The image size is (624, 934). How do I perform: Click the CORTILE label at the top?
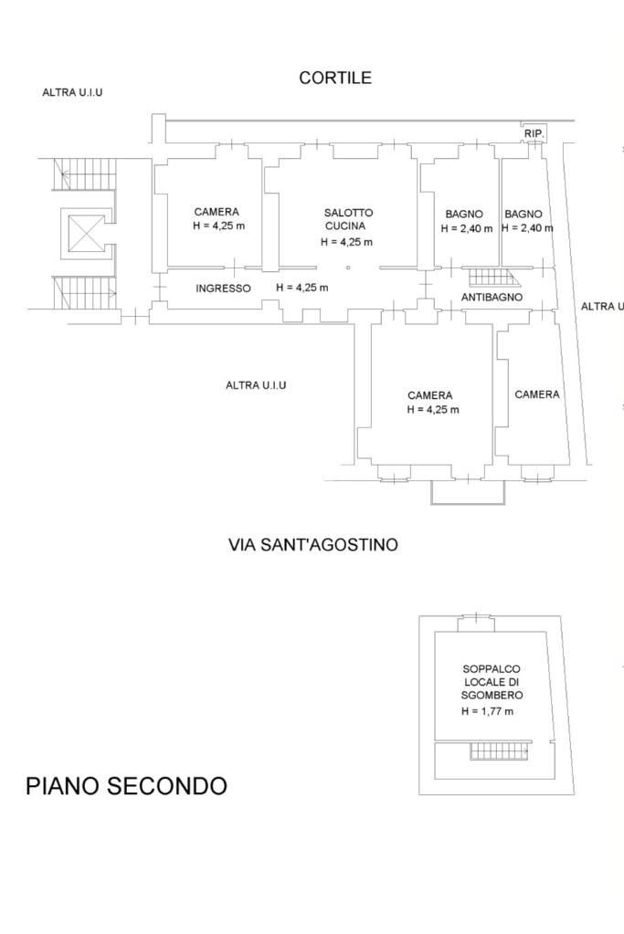tap(335, 78)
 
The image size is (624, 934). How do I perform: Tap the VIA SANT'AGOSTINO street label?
tap(312, 544)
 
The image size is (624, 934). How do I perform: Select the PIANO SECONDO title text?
tap(126, 786)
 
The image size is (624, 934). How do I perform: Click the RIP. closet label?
tap(534, 134)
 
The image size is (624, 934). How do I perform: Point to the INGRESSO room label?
tap(224, 289)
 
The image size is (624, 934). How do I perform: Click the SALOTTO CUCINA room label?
tap(349, 219)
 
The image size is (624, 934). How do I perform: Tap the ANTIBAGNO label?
tap(492, 297)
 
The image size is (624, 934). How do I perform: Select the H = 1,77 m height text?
tap(488, 711)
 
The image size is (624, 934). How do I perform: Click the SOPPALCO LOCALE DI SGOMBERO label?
tap(492, 682)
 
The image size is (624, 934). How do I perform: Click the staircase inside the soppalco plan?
tap(500, 750)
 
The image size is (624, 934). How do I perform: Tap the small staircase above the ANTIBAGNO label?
tap(492, 278)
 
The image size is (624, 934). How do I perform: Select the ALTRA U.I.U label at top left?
tap(72, 93)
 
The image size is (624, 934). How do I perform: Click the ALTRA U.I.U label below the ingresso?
tap(256, 385)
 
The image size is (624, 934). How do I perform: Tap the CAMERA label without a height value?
tap(537, 394)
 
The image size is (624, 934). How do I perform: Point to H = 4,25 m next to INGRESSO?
tap(302, 288)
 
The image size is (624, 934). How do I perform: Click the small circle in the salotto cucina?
tap(349, 268)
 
